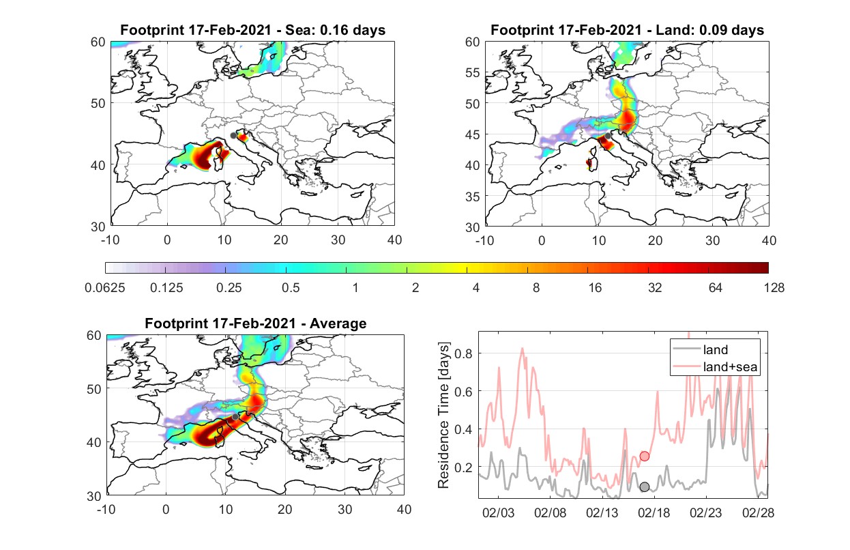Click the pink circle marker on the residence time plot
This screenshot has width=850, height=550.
click(645, 457)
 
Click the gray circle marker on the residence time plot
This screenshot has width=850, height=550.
click(645, 487)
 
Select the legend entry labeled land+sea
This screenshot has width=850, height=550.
click(715, 366)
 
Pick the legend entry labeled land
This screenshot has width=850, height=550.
click(701, 349)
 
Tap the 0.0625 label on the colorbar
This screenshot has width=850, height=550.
click(105, 288)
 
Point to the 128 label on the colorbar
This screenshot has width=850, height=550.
click(774, 288)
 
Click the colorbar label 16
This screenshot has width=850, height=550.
click(595, 288)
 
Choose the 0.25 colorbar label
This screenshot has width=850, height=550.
click(229, 288)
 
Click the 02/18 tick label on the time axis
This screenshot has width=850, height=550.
click(654, 512)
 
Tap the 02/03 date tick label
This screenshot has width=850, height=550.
click(498, 512)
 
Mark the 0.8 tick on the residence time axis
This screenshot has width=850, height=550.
click(464, 353)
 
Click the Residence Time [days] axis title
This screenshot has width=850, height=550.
click(443, 416)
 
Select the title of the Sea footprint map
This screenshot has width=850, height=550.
click(252, 30)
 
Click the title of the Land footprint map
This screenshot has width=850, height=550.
click(627, 30)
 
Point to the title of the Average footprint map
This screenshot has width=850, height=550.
click(256, 323)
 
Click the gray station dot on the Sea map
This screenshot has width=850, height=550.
click(233, 136)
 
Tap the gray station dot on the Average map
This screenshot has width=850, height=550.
click(235, 417)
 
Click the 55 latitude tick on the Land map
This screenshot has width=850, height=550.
click(473, 73)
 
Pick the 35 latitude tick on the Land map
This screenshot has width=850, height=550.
click(473, 197)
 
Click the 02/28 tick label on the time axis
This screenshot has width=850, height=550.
click(758, 512)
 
